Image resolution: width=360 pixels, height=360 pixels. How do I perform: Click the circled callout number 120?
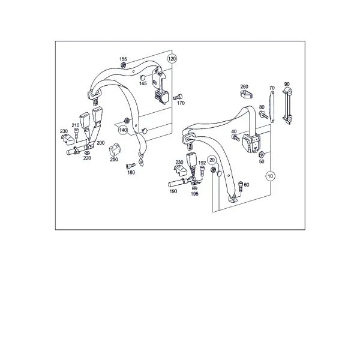point(172,59)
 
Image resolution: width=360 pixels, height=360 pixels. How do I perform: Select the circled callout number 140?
point(123,130)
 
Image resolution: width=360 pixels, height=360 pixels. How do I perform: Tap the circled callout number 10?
point(270,176)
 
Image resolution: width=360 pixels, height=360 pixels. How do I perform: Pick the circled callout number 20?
point(212,160)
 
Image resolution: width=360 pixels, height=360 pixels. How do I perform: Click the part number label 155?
point(123,59)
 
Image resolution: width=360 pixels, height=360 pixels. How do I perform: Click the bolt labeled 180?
point(131,166)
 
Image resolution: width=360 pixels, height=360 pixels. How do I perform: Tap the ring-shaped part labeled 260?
point(247,94)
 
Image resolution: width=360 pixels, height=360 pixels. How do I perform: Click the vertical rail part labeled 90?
point(287,106)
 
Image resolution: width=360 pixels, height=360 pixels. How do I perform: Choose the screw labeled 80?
point(263,115)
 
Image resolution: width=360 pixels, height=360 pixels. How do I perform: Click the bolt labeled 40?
point(236,138)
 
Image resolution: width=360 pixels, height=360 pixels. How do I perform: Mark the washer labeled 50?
point(261,154)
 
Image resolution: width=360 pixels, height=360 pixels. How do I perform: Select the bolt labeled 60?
point(241,187)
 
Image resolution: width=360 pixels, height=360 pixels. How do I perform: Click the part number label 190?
point(173,191)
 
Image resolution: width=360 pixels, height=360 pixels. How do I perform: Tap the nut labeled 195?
point(194,188)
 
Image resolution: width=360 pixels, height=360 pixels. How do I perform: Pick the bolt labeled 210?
point(76,133)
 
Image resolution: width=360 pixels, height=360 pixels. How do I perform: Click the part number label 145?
point(143,83)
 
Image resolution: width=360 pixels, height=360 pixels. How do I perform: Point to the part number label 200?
point(101,143)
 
